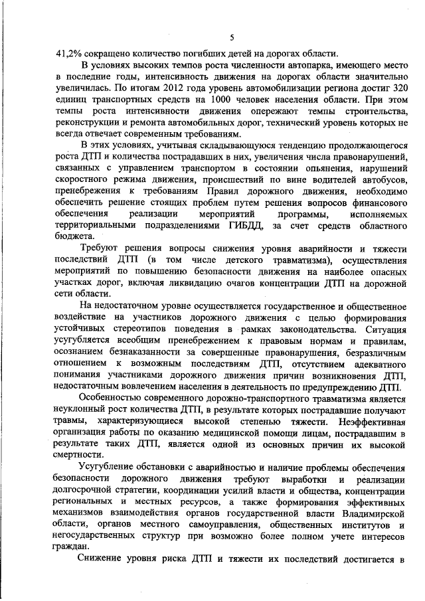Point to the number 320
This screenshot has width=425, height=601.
(397, 88)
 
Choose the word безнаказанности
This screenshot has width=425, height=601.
(141, 352)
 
